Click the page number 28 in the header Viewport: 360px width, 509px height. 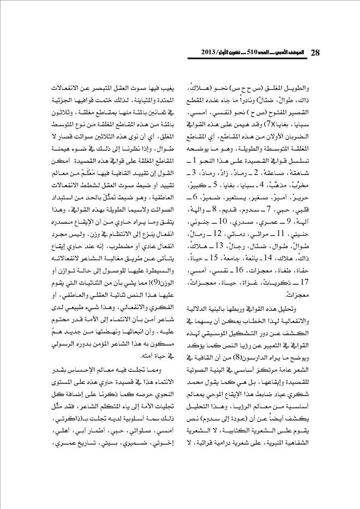pos(315,52)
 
